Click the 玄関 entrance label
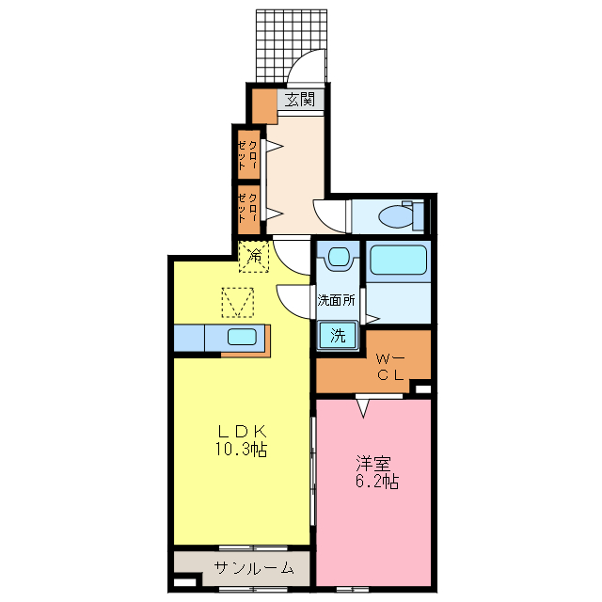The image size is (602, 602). [x=300, y=99]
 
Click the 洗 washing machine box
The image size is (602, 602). [x=338, y=335]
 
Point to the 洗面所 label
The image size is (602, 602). [x=336, y=302]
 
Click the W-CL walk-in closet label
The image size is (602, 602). [x=389, y=367]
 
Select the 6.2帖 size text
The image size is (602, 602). [x=376, y=483]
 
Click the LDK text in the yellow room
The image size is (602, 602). [x=240, y=432]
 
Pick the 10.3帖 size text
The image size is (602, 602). [x=241, y=451]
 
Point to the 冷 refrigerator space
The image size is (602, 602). [x=254, y=254]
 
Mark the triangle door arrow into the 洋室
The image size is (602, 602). [x=363, y=406]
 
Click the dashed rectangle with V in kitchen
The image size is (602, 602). [x=238, y=302]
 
